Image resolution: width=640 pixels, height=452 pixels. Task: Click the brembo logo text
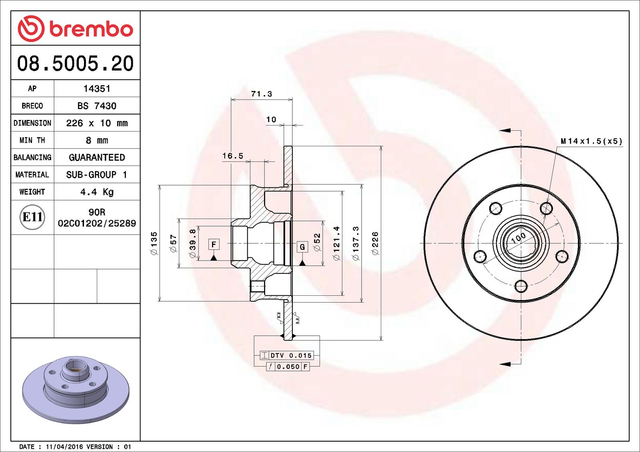pyautogui.click(x=91, y=29)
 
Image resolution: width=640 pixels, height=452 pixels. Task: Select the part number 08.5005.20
pyautogui.click(x=75, y=64)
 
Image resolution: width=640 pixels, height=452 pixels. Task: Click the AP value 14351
pyautogui.click(x=97, y=89)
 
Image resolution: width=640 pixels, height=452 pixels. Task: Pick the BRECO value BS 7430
pyautogui.click(x=97, y=106)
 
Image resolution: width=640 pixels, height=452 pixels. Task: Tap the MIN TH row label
pyautogui.click(x=32, y=140)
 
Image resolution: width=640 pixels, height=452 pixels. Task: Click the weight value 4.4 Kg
pyautogui.click(x=97, y=192)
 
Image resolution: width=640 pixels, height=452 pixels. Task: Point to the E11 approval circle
pyautogui.click(x=32, y=217)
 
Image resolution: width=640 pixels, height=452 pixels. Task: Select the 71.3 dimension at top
pyautogui.click(x=261, y=94)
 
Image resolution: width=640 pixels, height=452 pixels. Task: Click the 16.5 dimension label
pyautogui.click(x=233, y=156)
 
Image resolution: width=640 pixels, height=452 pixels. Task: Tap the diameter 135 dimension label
pyautogui.click(x=154, y=243)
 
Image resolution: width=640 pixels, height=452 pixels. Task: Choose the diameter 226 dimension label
pyautogui.click(x=375, y=243)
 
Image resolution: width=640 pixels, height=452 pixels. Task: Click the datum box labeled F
pyautogui.click(x=214, y=244)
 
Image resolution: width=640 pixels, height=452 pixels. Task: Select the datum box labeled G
pyautogui.click(x=302, y=247)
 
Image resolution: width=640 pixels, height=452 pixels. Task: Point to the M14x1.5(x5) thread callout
pyautogui.click(x=591, y=141)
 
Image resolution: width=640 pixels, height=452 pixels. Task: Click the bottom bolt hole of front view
pyautogui.click(x=521, y=286)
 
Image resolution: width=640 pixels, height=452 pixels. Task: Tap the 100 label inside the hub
pyautogui.click(x=518, y=238)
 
